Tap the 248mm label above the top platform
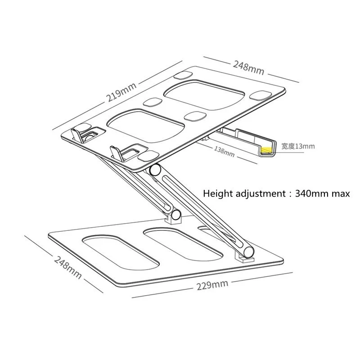(248, 67)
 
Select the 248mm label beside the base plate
(68, 266)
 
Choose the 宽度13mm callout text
(298, 146)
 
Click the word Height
(218, 194)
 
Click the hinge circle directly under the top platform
(156, 170)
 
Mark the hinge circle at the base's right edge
(247, 250)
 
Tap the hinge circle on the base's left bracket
(175, 214)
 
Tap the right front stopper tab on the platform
(116, 153)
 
